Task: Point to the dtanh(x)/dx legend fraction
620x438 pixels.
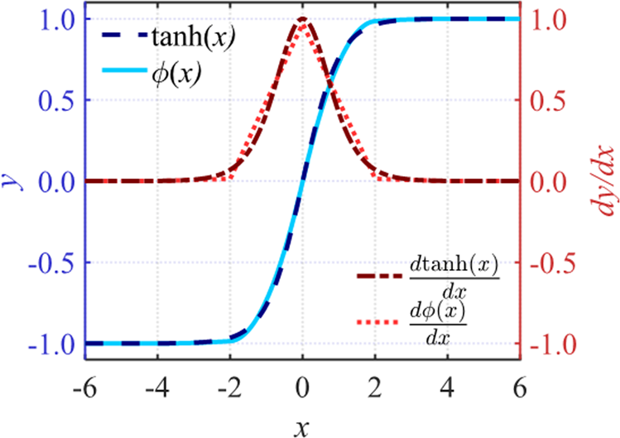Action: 454,277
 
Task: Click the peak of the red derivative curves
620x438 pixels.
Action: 303,20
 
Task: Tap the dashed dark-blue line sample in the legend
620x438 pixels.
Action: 127,37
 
